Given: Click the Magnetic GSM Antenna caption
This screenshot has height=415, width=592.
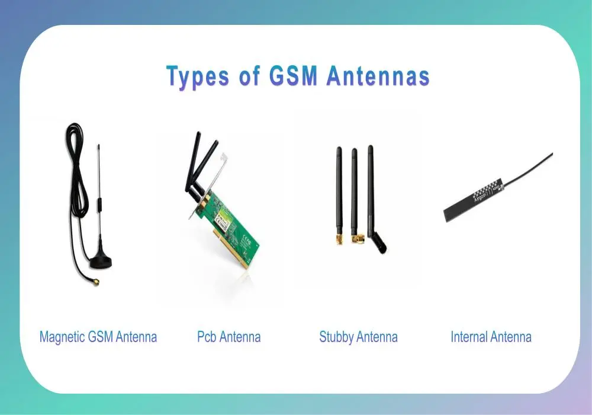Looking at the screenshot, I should click(98, 337).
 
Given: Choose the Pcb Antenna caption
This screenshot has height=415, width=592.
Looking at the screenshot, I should click(229, 337).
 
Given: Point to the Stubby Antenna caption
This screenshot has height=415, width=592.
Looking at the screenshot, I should click(358, 337).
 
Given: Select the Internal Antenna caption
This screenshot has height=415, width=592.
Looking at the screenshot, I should click(491, 337).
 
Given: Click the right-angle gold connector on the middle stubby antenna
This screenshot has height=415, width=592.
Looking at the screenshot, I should click(356, 238).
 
